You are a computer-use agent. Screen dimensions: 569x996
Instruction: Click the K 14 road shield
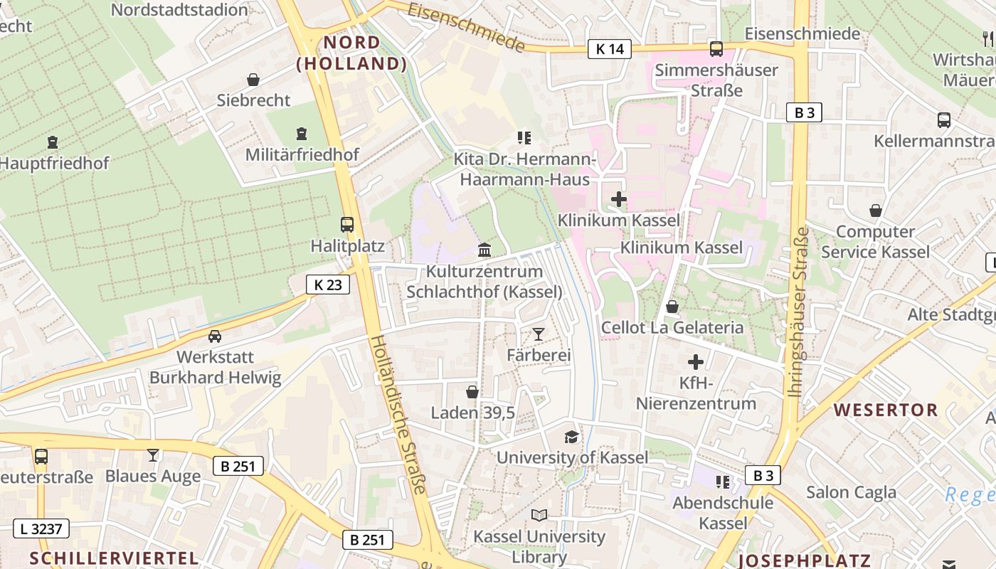click(x=610, y=49)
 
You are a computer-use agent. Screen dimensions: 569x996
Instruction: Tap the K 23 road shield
click(x=328, y=284)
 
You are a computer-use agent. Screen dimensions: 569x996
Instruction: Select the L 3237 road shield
click(x=41, y=528)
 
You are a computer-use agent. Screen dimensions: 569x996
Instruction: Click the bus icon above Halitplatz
click(x=347, y=225)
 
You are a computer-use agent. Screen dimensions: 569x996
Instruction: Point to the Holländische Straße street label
click(x=399, y=414)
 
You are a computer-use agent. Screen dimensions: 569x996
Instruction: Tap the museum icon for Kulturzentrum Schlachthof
click(x=484, y=250)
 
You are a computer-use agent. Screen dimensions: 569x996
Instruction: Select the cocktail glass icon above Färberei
click(x=539, y=334)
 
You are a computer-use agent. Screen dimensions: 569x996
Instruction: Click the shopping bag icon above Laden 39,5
click(x=472, y=392)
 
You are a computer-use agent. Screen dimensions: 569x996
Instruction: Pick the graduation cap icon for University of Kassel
click(x=571, y=437)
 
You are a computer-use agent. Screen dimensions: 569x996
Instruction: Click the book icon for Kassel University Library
click(x=539, y=515)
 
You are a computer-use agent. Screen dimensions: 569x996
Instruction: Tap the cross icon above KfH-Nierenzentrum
click(x=696, y=362)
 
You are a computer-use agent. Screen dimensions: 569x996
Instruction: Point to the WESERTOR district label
click(x=886, y=410)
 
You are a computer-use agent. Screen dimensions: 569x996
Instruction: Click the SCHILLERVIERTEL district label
click(x=113, y=558)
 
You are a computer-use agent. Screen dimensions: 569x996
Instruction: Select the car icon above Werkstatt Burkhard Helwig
click(x=215, y=336)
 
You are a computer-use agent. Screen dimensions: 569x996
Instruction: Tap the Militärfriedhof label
click(x=302, y=154)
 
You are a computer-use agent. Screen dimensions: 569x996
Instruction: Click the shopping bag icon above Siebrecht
click(x=253, y=80)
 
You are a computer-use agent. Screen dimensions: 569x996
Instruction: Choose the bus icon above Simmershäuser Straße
click(x=716, y=49)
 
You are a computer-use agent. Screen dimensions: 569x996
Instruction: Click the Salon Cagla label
click(x=851, y=491)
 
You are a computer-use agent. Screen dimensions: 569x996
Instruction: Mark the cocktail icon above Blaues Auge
click(x=153, y=455)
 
